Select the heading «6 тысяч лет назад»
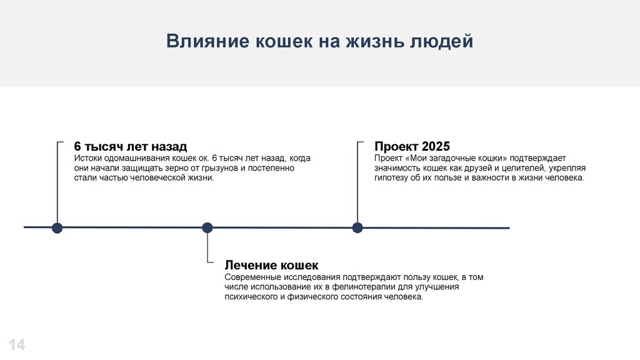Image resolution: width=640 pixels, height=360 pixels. click(x=130, y=147)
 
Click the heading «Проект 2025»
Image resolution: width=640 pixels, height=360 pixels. click(x=412, y=147)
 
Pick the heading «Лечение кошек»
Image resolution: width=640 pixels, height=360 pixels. click(x=271, y=265)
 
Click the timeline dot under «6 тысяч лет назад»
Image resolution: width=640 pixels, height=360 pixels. click(x=57, y=227)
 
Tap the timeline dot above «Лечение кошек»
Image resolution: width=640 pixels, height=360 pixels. click(x=207, y=227)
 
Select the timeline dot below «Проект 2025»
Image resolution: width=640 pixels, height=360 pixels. click(x=357, y=227)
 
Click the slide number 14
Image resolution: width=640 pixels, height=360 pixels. click(x=17, y=344)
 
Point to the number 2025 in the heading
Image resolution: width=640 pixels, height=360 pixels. click(x=436, y=147)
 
